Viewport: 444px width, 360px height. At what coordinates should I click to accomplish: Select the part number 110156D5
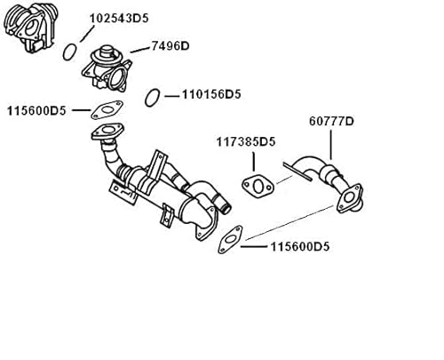click(211, 92)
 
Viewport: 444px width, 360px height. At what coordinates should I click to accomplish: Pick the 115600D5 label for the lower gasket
click(299, 247)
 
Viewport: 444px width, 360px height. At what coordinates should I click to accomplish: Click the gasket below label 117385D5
click(257, 188)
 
